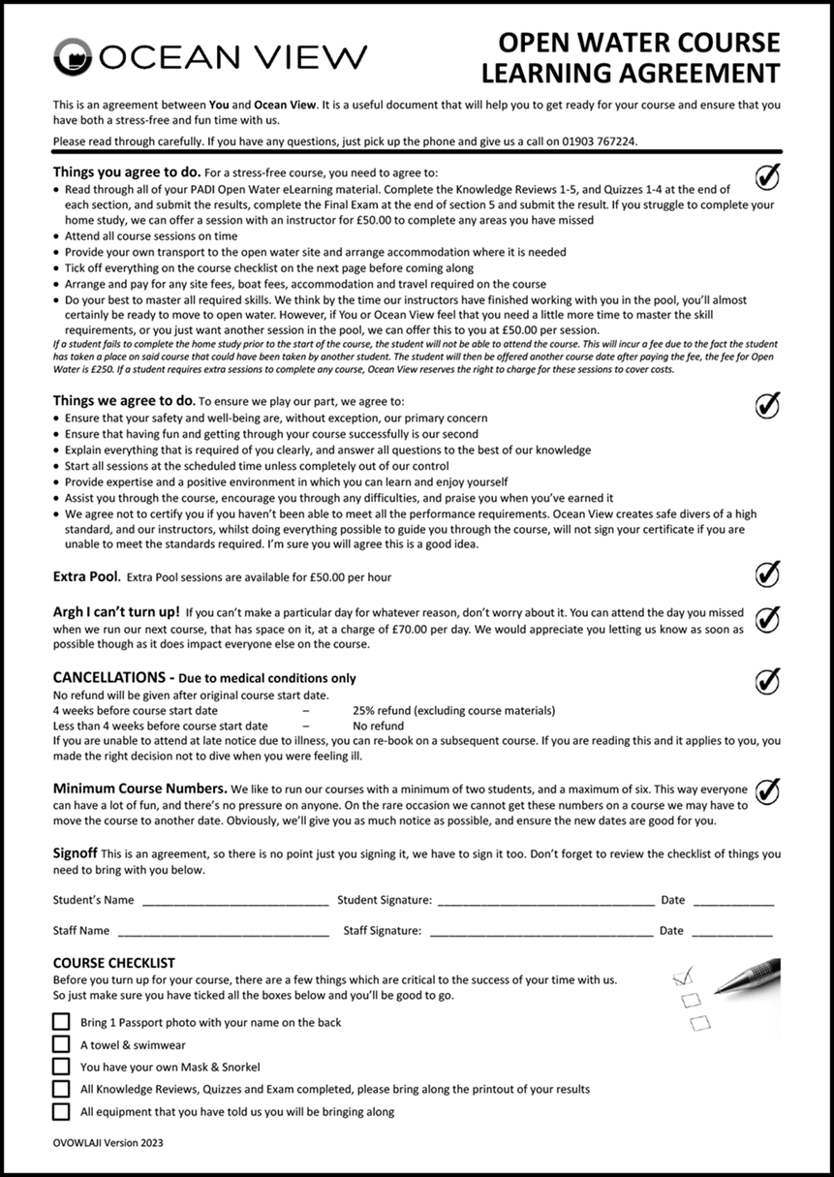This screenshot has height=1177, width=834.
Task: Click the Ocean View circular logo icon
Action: tap(75, 57)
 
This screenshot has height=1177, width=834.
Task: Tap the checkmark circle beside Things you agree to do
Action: tap(767, 175)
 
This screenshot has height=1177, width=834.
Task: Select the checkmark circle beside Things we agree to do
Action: tap(767, 405)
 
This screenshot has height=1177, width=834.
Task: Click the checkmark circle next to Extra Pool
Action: tap(767, 574)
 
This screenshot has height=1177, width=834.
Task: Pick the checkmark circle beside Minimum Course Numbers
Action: tap(767, 791)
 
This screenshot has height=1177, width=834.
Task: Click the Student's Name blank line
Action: tap(235, 902)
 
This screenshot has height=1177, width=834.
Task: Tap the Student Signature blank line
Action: tap(545, 902)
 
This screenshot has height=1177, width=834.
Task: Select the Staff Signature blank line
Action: tap(541, 933)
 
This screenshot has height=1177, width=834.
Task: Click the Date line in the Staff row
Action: tap(731, 933)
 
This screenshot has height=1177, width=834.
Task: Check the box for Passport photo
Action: tap(61, 1022)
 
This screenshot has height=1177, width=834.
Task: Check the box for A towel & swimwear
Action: tap(61, 1044)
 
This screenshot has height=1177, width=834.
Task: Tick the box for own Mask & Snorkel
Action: tap(61, 1067)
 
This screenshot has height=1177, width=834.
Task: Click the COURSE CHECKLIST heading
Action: tap(114, 963)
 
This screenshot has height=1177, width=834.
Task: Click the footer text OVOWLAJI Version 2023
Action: tap(108, 1143)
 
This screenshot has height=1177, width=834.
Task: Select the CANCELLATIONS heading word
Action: tap(108, 678)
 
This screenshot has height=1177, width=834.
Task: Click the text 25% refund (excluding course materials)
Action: tap(453, 710)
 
